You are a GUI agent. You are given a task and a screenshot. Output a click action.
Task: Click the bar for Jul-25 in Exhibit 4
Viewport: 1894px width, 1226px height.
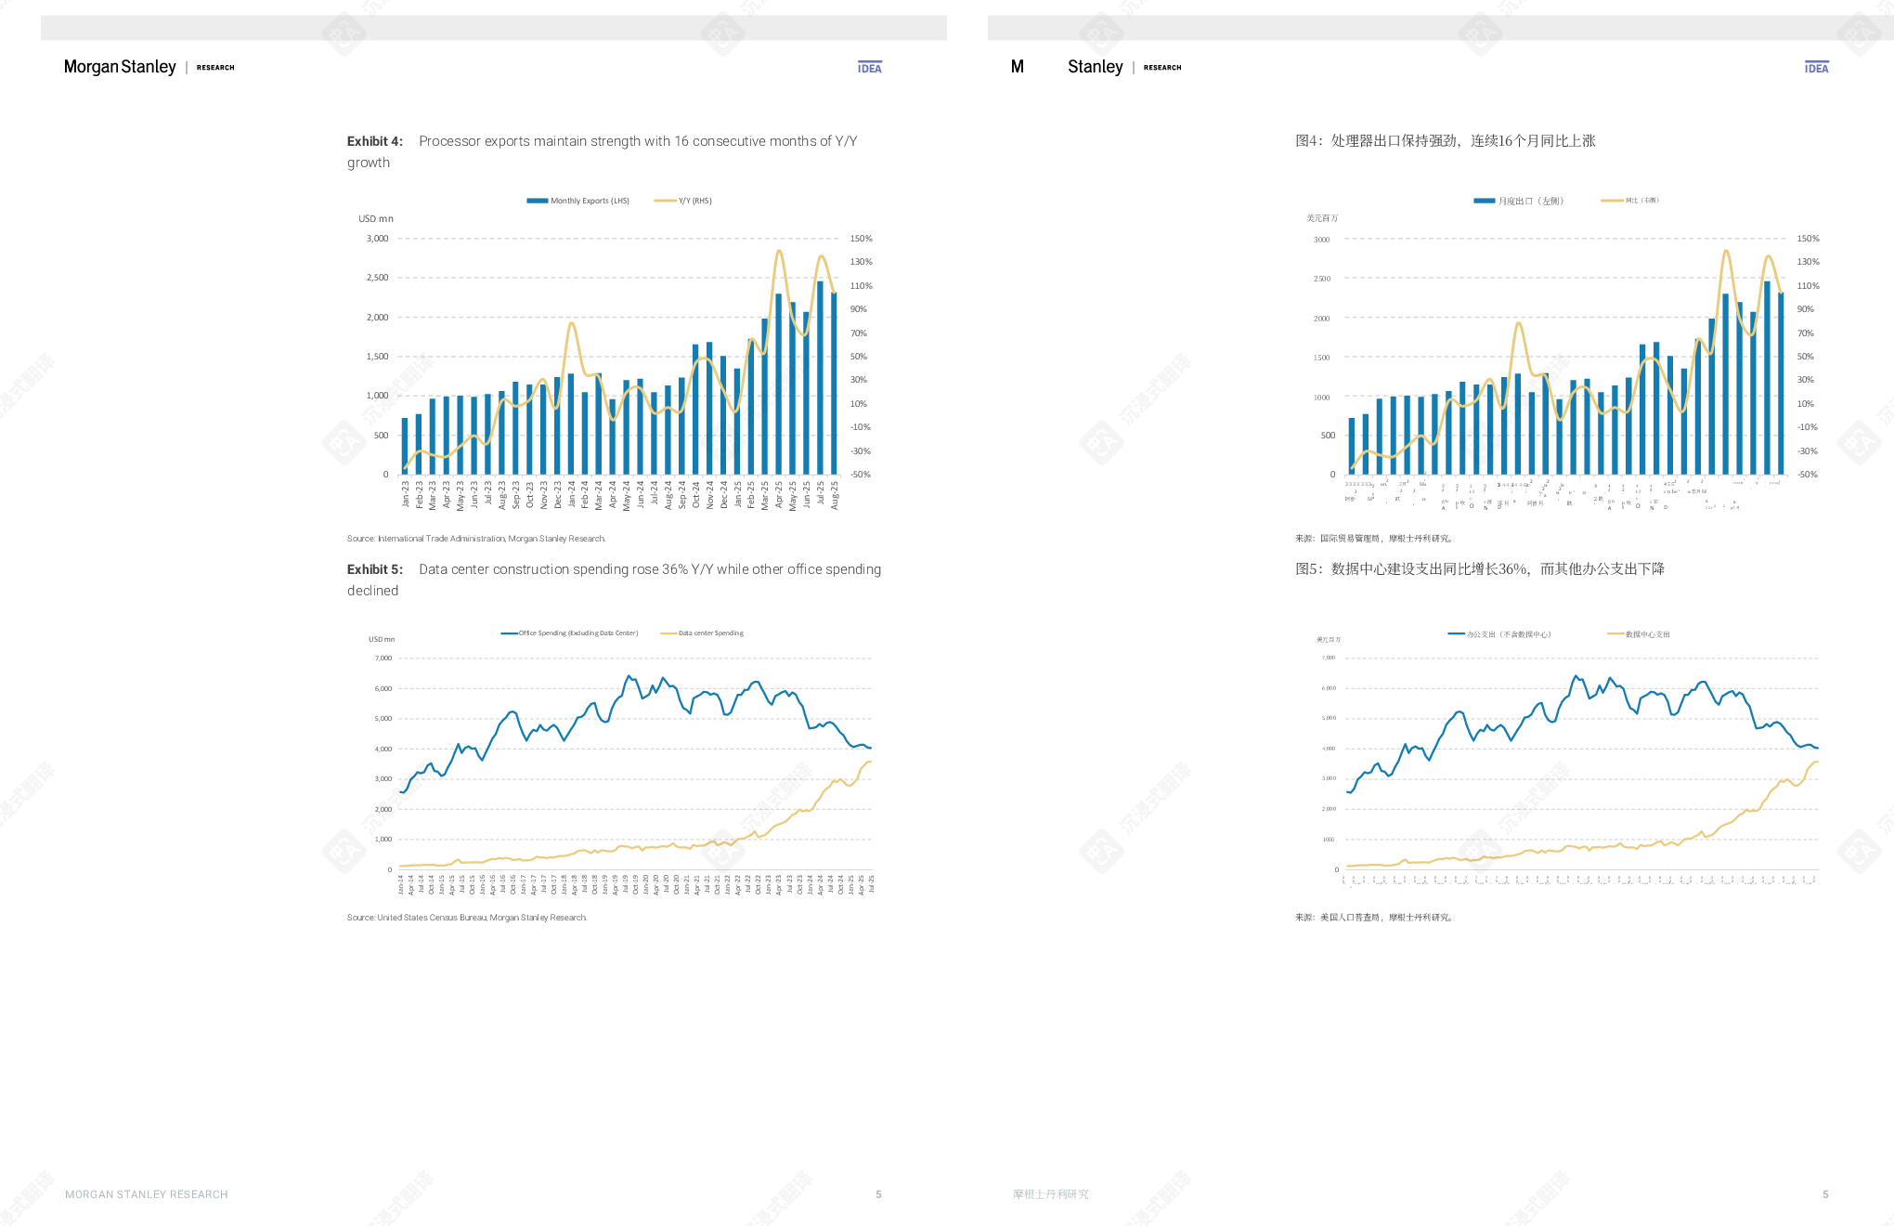(x=820, y=376)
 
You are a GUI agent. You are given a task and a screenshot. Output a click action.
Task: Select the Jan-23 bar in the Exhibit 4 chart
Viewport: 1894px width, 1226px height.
(x=405, y=446)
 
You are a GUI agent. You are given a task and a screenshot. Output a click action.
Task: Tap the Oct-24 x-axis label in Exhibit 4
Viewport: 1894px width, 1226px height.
(x=696, y=494)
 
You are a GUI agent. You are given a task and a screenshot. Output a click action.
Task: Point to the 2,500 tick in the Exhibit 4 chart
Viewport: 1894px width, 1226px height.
(x=377, y=278)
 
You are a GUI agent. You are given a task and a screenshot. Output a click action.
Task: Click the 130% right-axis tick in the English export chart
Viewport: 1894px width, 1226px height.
(x=861, y=262)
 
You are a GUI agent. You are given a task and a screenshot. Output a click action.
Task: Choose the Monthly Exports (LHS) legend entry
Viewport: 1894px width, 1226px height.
(x=578, y=201)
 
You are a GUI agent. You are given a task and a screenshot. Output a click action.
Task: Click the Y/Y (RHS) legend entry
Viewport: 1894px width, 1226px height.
(x=683, y=201)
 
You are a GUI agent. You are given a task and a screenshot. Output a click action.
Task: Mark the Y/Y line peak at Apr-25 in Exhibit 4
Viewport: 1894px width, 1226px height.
(x=779, y=251)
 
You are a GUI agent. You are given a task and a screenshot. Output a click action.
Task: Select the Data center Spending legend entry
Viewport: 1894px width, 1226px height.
(x=702, y=633)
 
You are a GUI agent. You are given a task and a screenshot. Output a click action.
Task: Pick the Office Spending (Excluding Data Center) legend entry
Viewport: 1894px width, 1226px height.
(x=569, y=633)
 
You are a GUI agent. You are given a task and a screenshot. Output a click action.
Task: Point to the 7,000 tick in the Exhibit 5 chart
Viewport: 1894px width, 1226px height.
(x=383, y=659)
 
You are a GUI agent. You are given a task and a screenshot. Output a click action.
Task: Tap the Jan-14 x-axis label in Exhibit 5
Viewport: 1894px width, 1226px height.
(x=401, y=884)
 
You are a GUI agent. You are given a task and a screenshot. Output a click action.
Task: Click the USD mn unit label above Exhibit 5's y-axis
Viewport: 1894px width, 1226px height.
(x=382, y=639)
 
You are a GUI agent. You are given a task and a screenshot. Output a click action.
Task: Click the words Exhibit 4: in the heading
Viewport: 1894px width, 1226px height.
(x=375, y=141)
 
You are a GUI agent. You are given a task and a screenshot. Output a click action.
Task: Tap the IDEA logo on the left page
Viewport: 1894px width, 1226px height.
(x=870, y=68)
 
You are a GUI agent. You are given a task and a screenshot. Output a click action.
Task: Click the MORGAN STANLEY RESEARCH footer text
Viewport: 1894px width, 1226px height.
(x=147, y=1194)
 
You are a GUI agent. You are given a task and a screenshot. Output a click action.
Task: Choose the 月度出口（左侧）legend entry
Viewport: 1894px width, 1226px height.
(x=1519, y=201)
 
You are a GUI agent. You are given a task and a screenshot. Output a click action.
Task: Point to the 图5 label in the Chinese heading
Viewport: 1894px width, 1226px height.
(x=1307, y=569)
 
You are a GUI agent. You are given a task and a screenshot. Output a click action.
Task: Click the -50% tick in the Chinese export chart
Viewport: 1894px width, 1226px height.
(x=1807, y=475)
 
